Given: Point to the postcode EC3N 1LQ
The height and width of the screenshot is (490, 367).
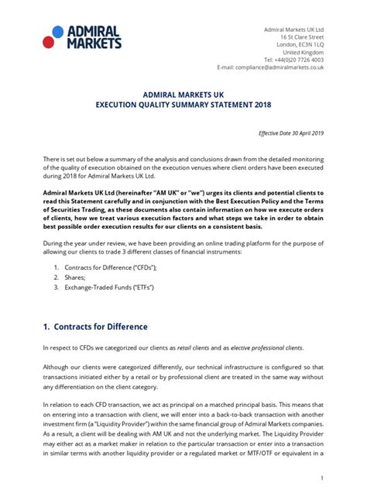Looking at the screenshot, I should click(308, 44).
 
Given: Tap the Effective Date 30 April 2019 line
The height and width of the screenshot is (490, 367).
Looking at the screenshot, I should click(290, 133).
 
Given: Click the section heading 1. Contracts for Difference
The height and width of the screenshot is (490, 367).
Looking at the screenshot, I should click(95, 326).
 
